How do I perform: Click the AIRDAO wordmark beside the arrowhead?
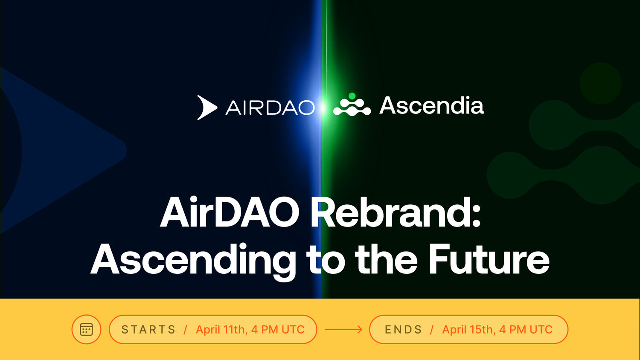[x=270, y=107]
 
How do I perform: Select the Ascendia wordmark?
[x=431, y=105]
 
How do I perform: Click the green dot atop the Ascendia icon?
[x=352, y=96]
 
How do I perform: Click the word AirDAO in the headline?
[x=230, y=212]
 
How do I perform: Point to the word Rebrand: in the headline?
[x=396, y=212]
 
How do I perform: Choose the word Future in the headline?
[x=489, y=259]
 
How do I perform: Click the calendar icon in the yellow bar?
[x=86, y=329]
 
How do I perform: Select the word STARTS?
[x=148, y=330]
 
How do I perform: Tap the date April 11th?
[x=221, y=330]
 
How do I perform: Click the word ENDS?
[x=404, y=330]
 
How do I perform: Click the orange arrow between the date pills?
[x=343, y=330]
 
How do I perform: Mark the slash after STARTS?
[x=186, y=330]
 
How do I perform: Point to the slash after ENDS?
[x=432, y=330]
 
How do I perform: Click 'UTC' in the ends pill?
[x=541, y=330]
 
